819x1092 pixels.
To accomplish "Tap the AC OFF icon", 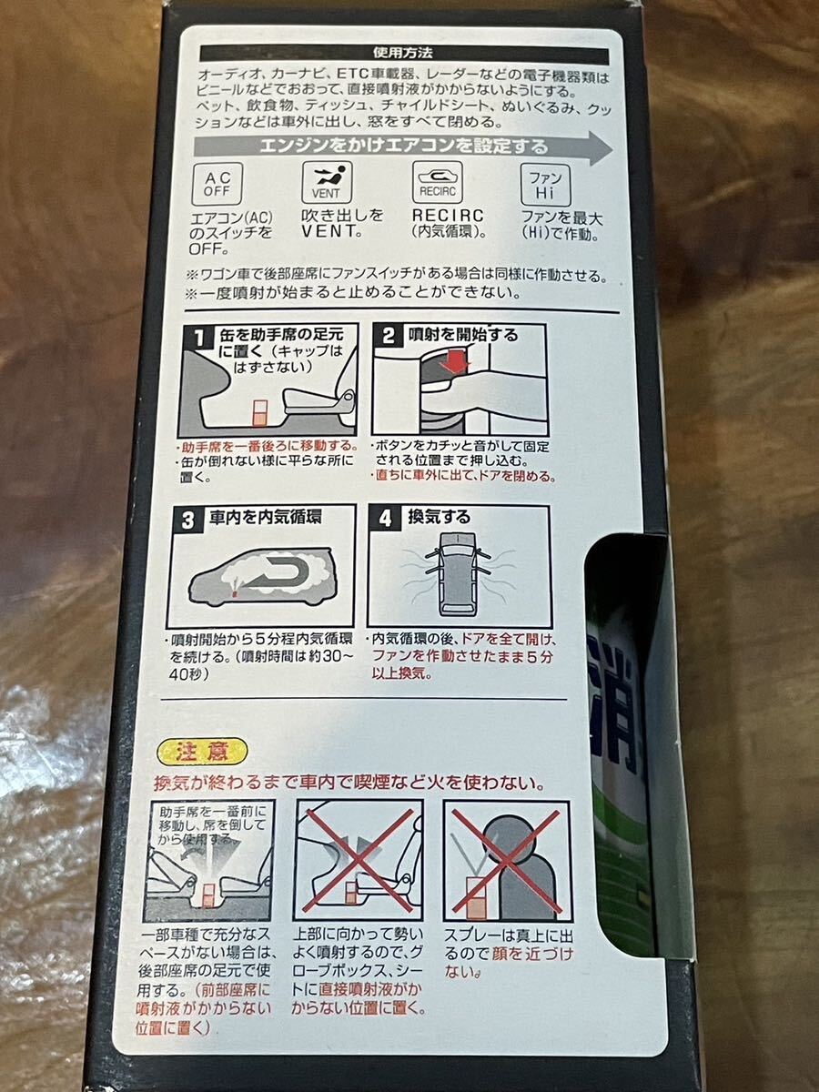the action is [x=217, y=184].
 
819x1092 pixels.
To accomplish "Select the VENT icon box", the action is [x=326, y=182].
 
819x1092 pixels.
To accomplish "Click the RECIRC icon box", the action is [x=438, y=182].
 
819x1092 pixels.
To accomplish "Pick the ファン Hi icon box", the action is [x=545, y=184].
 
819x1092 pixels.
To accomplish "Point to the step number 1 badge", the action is [x=199, y=339].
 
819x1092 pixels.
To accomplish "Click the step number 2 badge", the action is [x=389, y=336].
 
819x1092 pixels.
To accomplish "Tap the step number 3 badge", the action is [x=187, y=521].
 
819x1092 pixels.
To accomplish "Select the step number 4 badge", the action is [x=385, y=519].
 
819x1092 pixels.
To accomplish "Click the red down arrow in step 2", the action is [x=453, y=360].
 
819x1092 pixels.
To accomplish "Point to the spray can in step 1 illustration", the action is [x=260, y=413].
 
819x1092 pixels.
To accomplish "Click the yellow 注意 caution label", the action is [x=202, y=752].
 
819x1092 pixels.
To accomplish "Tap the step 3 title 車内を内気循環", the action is [x=265, y=518].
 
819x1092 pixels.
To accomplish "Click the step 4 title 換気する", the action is [x=439, y=517].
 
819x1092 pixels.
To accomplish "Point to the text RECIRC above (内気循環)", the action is [x=448, y=216].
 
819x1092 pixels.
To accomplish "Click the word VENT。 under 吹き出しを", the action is [x=330, y=231].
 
